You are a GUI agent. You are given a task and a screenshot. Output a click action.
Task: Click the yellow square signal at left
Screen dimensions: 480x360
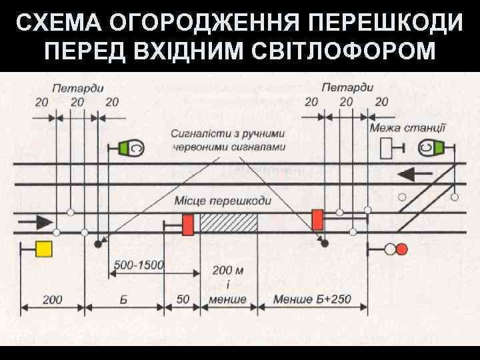pyautogui.click(x=44, y=249)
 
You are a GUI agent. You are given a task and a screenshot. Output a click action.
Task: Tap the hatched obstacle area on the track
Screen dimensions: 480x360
pyautogui.click(x=229, y=223)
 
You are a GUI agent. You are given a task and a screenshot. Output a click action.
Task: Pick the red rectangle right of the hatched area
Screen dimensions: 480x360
pyautogui.click(x=317, y=219)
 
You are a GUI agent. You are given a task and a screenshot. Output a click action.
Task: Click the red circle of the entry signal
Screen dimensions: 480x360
pyautogui.click(x=401, y=249)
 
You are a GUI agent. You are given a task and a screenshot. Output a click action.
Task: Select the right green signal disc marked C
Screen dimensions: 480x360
pyautogui.click(x=439, y=147)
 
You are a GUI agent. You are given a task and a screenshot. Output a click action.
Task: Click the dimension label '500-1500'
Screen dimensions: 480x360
pyautogui.click(x=139, y=265)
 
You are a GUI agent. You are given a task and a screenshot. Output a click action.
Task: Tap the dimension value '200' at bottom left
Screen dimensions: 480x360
pyautogui.click(x=53, y=299)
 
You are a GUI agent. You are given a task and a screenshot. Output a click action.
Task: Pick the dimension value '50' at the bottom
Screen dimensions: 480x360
pyautogui.click(x=182, y=299)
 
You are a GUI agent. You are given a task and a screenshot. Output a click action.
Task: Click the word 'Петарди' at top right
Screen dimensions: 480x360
pyautogui.click(x=347, y=87)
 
